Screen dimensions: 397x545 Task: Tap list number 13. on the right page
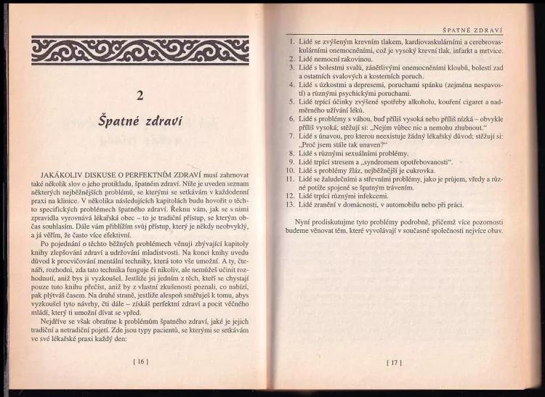tap(289, 203)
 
